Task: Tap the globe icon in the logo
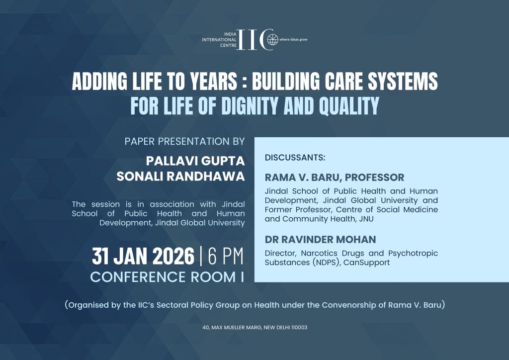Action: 271,39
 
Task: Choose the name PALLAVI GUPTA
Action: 195,162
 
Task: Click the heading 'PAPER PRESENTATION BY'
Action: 185,141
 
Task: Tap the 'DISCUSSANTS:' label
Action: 295,158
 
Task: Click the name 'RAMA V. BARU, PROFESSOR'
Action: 335,178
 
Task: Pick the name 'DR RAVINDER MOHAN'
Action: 321,240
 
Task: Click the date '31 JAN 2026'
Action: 143,257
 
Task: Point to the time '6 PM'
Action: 226,257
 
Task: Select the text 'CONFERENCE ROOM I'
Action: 167,277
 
